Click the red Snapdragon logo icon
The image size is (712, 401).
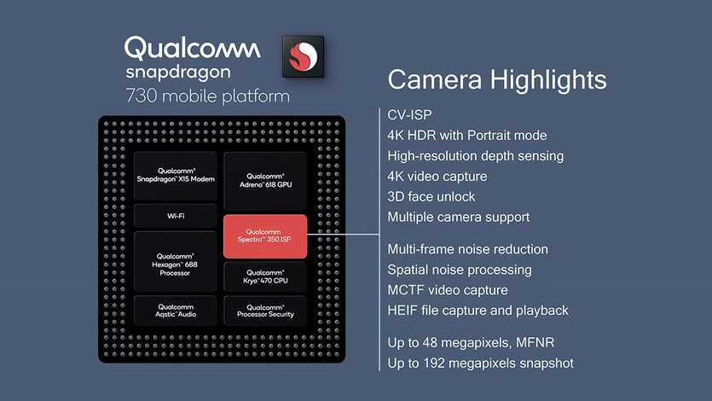303,56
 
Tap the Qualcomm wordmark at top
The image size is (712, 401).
193,48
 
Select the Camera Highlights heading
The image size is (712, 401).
497,80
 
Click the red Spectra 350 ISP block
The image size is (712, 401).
265,236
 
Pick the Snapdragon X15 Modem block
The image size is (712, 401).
176,176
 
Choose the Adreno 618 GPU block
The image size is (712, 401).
265,180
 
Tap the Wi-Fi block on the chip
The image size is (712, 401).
176,216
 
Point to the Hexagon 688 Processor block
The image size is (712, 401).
176,262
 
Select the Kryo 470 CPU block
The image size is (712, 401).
265,276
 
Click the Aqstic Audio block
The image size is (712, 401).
176,311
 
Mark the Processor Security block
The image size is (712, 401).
265,311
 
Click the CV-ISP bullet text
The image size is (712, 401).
409,115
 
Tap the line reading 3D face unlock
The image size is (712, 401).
431,196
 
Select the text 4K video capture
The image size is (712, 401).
437,177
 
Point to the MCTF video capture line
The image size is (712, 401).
448,290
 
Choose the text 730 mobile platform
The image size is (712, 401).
207,96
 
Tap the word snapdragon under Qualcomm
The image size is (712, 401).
178,73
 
